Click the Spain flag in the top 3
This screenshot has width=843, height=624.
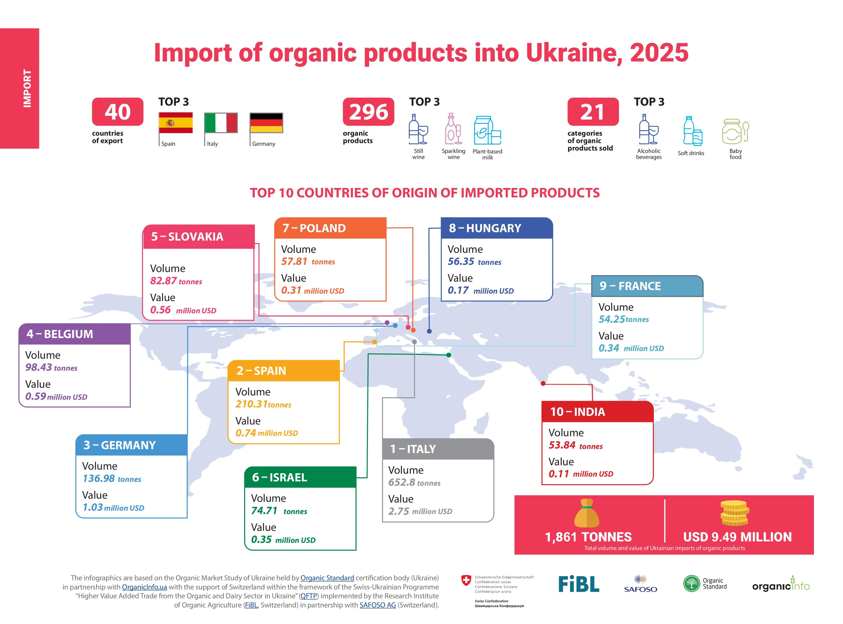pos(175,122)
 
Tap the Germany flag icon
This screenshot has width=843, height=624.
pos(266,122)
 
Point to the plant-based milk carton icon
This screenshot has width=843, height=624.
pos(487,130)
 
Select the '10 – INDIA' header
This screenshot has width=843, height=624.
pos(597,412)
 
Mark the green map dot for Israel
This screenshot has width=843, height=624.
pos(449,355)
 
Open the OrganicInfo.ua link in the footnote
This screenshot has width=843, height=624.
pos(144,587)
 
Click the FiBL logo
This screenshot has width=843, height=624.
pos(579,584)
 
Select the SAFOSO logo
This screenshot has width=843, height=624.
pos(640,584)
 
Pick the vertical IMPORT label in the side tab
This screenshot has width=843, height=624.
pos(27,88)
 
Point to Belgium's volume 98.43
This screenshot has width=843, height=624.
pos(38,367)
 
